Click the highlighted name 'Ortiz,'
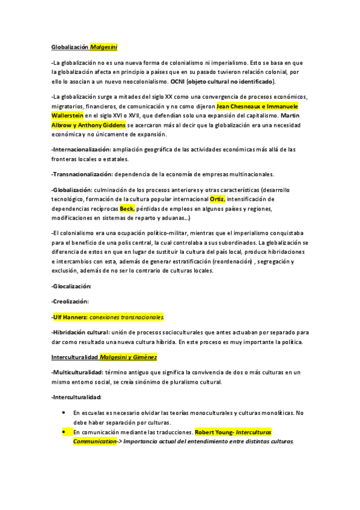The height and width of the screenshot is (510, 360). [218, 199]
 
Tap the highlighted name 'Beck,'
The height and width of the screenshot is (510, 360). [127, 208]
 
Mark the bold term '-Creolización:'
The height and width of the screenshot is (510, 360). [70, 301]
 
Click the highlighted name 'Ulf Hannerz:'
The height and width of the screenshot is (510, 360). [70, 316]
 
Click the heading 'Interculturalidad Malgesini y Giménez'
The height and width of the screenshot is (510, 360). [104, 357]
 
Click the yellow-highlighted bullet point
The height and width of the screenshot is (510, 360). [64, 432]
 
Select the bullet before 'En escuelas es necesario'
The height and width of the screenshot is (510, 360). [64, 413]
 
